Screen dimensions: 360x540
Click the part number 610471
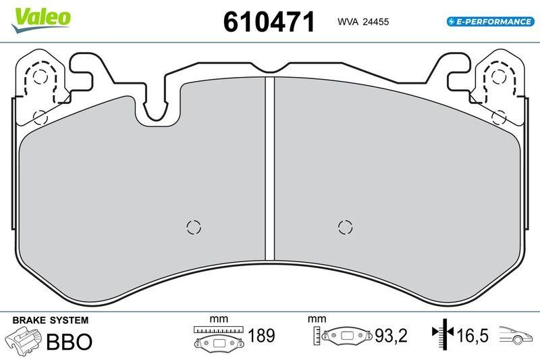pyautogui.click(x=269, y=22)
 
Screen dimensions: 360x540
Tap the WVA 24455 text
pyautogui.click(x=362, y=22)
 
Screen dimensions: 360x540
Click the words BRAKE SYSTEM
pyautogui.click(x=51, y=319)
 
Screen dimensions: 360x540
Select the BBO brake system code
pyautogui.click(x=68, y=341)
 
